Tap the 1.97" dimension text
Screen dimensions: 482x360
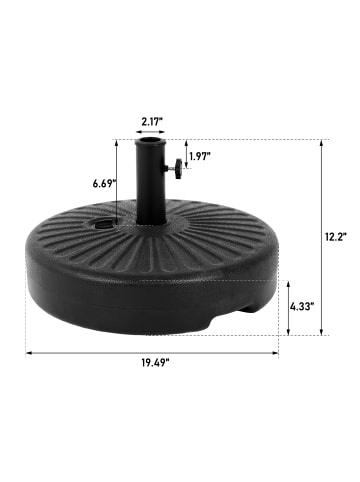(201, 155)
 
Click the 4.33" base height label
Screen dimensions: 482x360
(302, 307)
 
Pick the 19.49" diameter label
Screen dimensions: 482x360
(153, 366)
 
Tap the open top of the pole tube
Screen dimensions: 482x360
(152, 142)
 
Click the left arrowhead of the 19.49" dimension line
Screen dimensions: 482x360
(29, 351)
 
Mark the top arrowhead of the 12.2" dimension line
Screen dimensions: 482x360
(323, 143)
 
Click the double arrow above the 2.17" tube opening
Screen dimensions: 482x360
(152, 130)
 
